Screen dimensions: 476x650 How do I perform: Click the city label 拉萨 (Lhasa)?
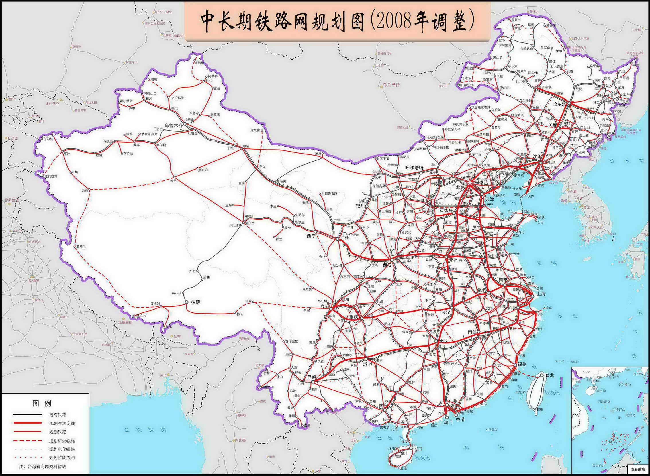195,302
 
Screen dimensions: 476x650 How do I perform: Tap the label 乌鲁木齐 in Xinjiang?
173,125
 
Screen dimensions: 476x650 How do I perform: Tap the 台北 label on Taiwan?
549,375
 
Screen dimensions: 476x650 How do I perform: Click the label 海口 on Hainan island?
418,449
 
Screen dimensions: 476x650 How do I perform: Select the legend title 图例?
42,403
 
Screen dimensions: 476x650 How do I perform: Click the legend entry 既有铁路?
58,415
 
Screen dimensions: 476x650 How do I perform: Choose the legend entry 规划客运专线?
62,423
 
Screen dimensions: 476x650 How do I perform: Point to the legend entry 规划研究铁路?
62,441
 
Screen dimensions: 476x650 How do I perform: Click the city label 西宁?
311,236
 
